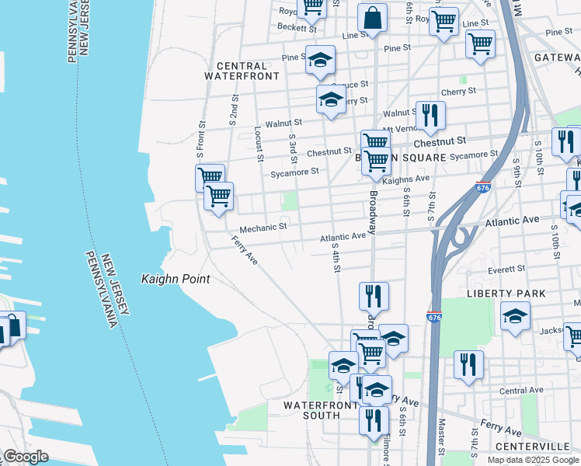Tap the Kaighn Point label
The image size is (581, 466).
tap(176, 279)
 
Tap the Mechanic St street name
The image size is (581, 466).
tap(263, 228)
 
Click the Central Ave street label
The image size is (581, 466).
tap(521, 390)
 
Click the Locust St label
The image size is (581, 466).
tap(259, 144)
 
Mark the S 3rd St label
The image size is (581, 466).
tap(293, 148)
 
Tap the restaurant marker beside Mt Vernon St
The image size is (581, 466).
tap(430, 116)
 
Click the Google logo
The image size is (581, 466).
tap(26, 457)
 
